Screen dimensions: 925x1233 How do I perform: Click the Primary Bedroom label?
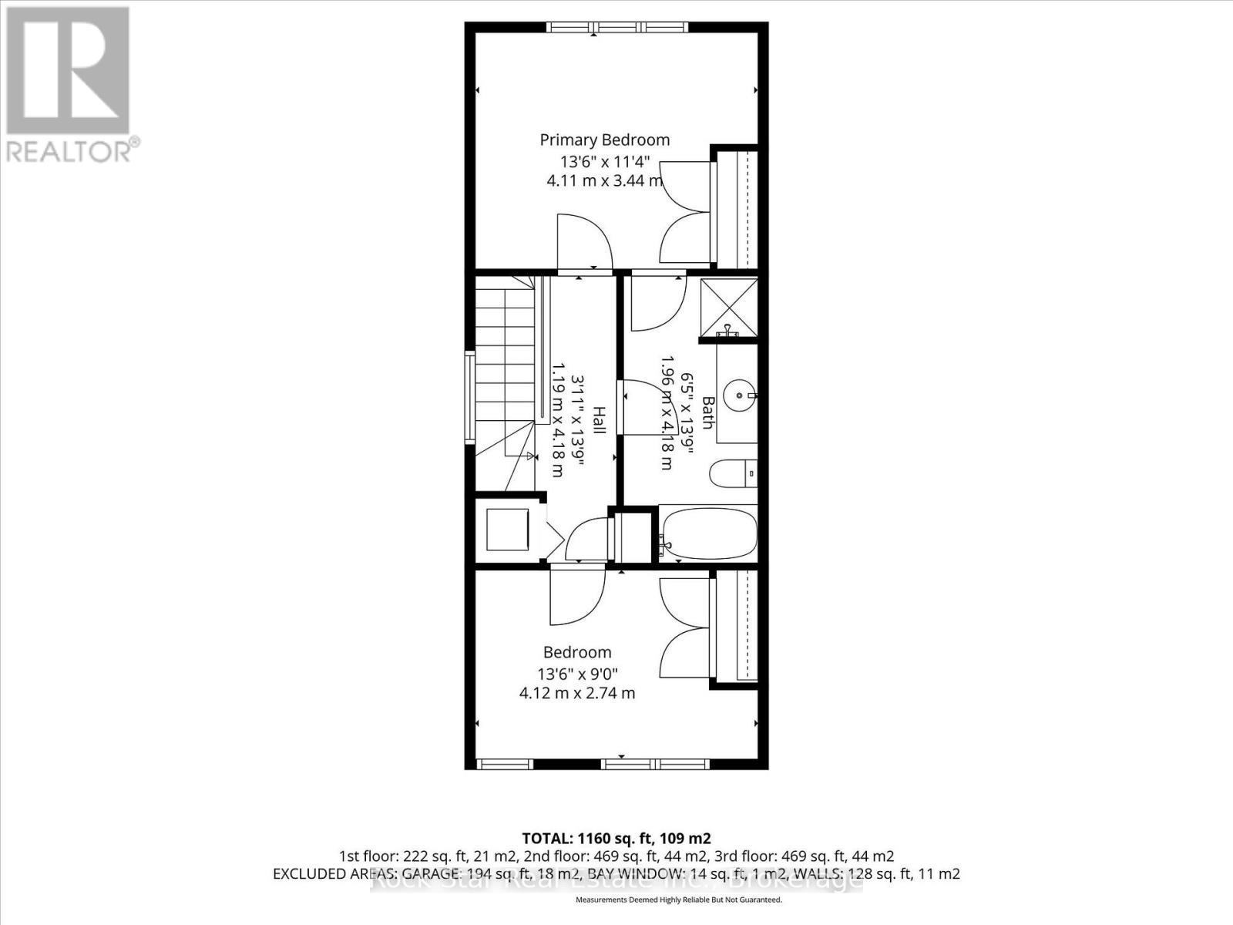pos(604,140)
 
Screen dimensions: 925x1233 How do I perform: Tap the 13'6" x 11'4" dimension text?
pos(605,162)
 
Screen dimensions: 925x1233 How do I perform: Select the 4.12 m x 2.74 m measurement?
pos(577,693)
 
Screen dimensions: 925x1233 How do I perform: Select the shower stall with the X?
pos(729,306)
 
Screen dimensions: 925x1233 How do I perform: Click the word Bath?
pos(707,412)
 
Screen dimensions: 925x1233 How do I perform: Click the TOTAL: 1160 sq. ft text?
pos(616,839)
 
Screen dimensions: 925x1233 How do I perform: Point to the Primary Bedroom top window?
pos(617,28)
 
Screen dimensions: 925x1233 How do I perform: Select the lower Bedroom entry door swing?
pos(576,595)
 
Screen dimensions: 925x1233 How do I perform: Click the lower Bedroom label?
pos(577,652)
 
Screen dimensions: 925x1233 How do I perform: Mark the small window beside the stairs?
pos(469,397)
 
